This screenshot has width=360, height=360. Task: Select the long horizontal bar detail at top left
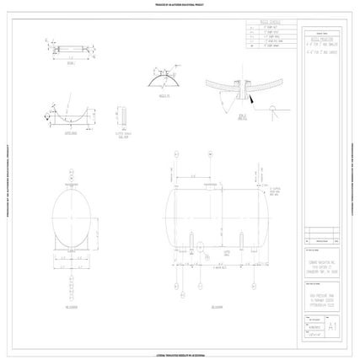click(x=70, y=50)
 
